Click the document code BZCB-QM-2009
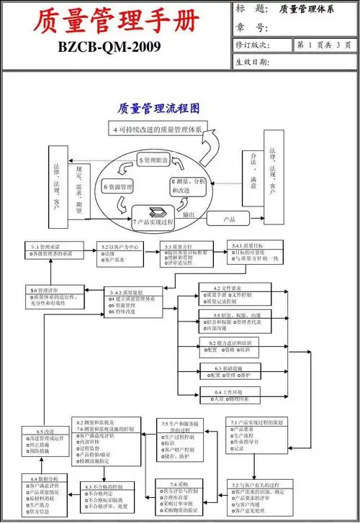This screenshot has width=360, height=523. pyautogui.click(x=116, y=53)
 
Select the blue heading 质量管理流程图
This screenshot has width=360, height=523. pyautogui.click(x=158, y=108)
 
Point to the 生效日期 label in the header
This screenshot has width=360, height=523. pyautogui.click(x=253, y=62)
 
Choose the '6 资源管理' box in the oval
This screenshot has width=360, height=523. pyautogui.click(x=118, y=188)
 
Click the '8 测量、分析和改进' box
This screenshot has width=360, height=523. pyautogui.click(x=189, y=187)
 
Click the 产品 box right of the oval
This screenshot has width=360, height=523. pyautogui.click(x=231, y=219)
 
